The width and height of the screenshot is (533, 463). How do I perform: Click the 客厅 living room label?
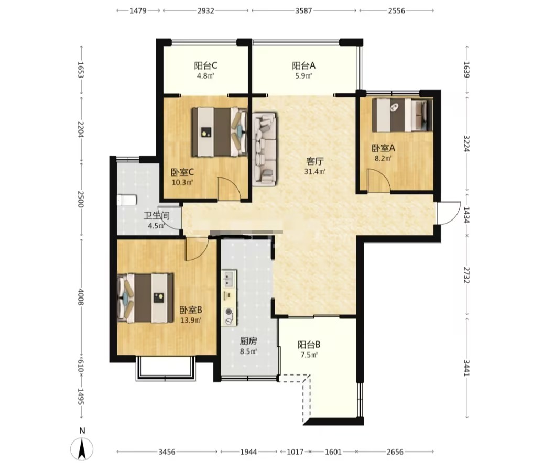(x=315, y=161)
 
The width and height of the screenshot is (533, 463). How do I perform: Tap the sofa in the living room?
(x=265, y=149)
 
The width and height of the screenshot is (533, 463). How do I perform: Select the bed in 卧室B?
(x=145, y=298)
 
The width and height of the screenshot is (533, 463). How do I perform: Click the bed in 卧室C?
(x=220, y=132)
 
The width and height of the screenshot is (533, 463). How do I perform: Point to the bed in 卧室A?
(x=402, y=115)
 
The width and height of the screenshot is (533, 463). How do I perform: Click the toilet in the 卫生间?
(x=127, y=200)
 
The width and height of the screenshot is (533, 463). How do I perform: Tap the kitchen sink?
(x=229, y=279)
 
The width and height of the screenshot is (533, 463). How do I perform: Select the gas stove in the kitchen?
(x=230, y=316)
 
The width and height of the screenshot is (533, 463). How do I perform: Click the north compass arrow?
(x=82, y=448)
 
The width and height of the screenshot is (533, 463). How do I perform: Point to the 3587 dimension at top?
(x=303, y=10)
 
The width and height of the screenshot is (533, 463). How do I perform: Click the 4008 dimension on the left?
(x=81, y=297)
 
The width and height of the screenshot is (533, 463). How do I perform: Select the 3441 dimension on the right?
(x=466, y=368)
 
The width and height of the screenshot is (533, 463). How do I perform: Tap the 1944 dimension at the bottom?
(x=249, y=452)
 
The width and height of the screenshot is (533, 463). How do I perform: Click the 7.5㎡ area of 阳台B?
(x=309, y=355)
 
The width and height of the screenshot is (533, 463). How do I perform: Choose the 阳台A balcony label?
(x=303, y=65)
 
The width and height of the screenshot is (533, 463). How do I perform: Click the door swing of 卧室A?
(x=379, y=181)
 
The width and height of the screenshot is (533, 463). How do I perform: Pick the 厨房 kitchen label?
(x=248, y=341)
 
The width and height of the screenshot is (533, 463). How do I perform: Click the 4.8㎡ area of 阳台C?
(x=205, y=76)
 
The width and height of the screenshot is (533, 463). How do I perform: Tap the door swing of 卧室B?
(x=197, y=249)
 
